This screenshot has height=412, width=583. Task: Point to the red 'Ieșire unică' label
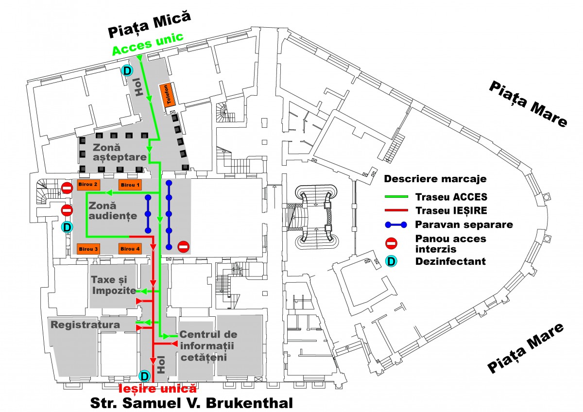point(158,388)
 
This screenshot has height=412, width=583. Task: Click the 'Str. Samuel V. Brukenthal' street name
point(192,403)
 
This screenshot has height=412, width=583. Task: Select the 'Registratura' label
point(85,324)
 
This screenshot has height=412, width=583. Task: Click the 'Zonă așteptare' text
point(120,151)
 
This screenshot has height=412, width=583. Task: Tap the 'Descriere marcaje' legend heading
point(435,179)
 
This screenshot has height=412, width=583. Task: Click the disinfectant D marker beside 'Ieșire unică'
point(144,376)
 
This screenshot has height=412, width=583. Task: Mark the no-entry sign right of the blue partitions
point(183,246)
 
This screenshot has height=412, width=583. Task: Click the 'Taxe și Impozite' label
point(113,285)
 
